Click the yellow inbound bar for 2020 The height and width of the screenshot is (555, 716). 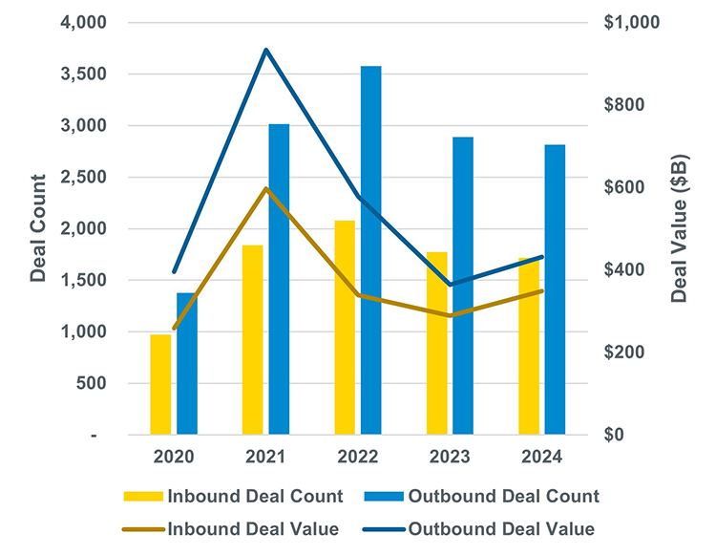[x=160, y=385]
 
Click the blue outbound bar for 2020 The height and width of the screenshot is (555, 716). [x=187, y=364]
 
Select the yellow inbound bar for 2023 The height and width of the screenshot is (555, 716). [x=437, y=344]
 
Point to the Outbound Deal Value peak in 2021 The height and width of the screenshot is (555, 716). [x=265, y=50]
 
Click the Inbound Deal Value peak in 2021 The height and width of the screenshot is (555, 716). [x=265, y=188]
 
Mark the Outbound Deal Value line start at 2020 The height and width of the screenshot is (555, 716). [x=174, y=272]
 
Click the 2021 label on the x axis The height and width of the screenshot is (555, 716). [x=265, y=457]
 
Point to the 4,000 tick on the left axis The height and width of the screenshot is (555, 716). [x=80, y=22]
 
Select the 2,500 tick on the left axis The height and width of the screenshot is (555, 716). [x=80, y=177]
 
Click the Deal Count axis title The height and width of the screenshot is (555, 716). [x=37, y=227]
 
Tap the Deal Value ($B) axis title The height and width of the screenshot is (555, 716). [x=679, y=227]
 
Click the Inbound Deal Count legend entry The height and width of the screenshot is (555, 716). [x=233, y=496]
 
